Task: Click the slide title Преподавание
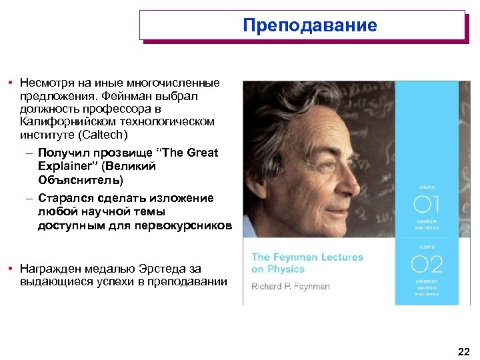pyautogui.click(x=310, y=26)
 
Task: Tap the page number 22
pyautogui.click(x=464, y=351)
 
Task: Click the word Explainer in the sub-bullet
pyautogui.click(x=63, y=166)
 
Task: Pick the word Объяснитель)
pyautogui.click(x=81, y=180)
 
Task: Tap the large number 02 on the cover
pyautogui.click(x=427, y=265)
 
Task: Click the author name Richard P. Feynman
pyautogui.click(x=291, y=287)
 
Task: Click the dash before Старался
pyautogui.click(x=29, y=199)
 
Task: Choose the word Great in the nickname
pyautogui.click(x=203, y=153)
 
